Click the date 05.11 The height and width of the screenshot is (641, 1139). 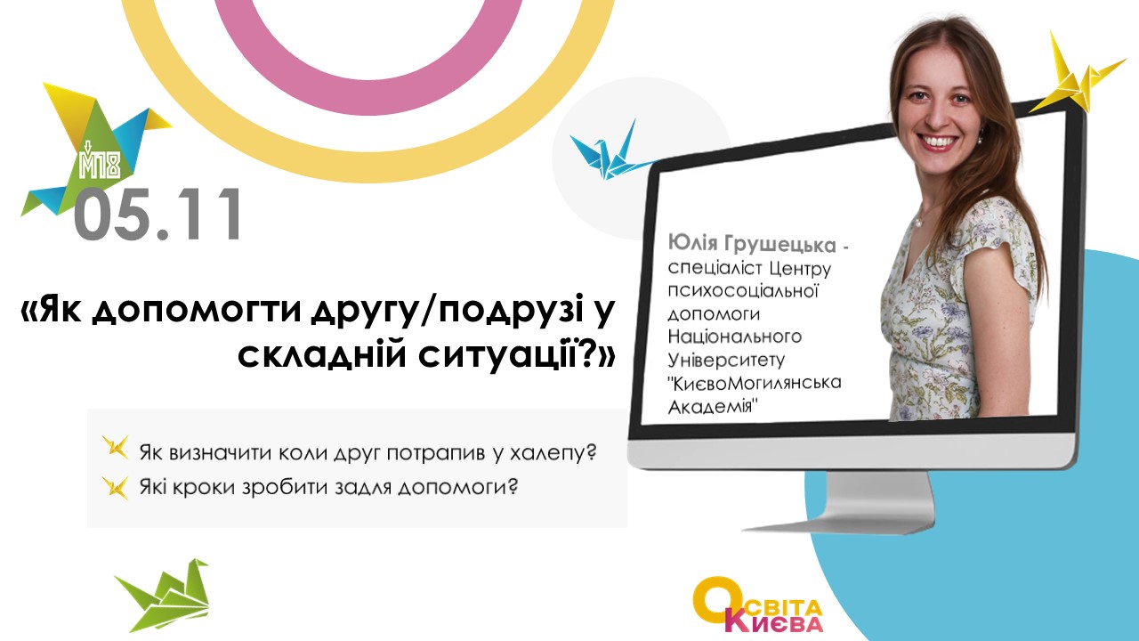tap(158, 215)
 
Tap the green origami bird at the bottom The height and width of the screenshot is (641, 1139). tap(164, 596)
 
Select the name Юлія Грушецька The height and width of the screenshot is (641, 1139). tap(752, 245)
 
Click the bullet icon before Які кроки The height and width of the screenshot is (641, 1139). tap(116, 487)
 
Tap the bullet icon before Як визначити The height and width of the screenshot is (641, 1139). tap(116, 448)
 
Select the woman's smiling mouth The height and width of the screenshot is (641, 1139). tap(938, 142)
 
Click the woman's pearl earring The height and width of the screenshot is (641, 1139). tap(980, 134)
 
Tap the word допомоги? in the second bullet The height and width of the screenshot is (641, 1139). tap(457, 488)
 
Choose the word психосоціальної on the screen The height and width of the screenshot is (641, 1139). tap(742, 291)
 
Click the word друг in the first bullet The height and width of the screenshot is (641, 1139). tap(357, 453)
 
